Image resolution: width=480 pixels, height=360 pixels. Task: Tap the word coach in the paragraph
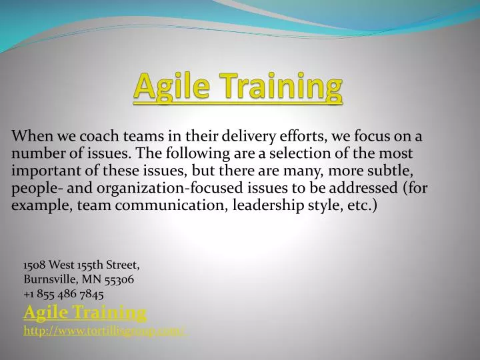[97, 137]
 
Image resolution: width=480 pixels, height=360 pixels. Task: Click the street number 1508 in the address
[35, 265]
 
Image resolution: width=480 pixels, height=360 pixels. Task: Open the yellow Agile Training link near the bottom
[85, 311]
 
